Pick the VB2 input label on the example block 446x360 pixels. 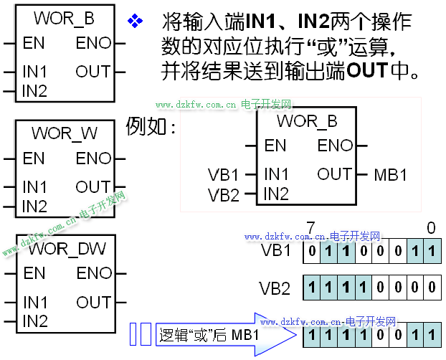[224, 194]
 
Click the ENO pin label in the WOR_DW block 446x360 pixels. [94, 273]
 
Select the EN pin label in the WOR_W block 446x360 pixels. [34, 158]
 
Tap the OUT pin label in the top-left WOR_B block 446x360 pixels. [93, 72]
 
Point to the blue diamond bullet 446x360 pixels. [136, 21]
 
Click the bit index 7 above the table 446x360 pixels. [310, 229]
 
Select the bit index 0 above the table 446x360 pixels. [431, 229]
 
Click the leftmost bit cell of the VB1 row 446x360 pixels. [311, 252]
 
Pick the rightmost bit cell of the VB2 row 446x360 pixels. [432, 288]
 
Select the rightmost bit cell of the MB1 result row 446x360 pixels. [432, 335]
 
